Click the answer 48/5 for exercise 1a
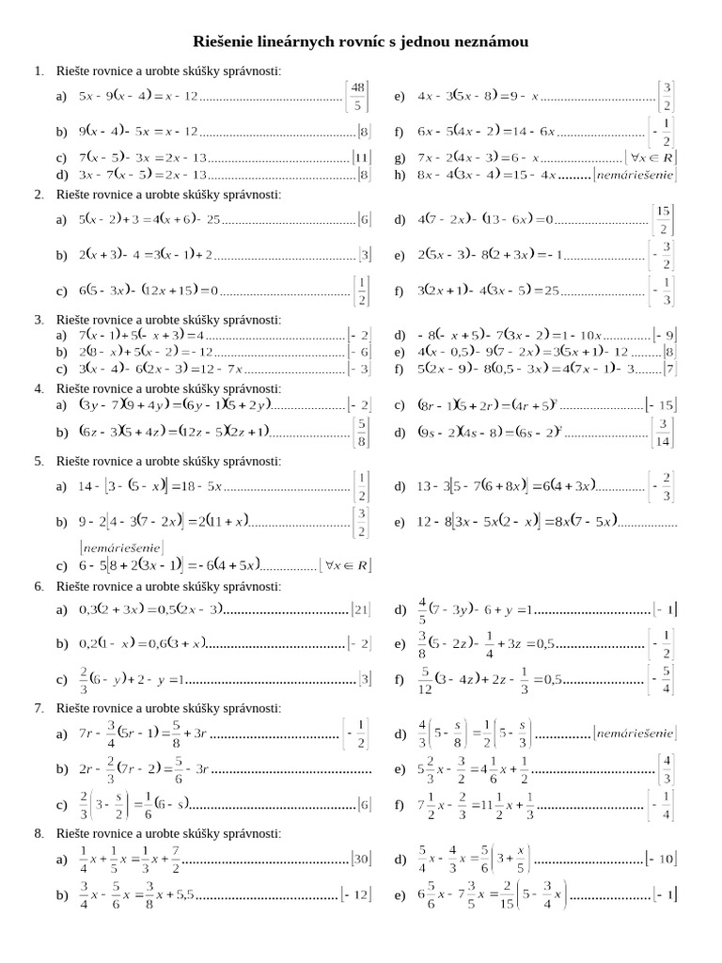coord(357,96)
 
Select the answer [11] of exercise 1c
coord(362,158)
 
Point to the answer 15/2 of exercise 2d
coord(664,219)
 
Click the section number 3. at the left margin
coord(39,320)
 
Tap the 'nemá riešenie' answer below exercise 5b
coord(120,546)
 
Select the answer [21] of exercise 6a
coord(361,609)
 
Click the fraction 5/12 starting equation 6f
coord(425,679)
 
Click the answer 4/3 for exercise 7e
coord(666,768)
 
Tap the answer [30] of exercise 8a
coord(361,858)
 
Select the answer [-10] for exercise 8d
coord(661,858)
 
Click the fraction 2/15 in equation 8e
coord(533,894)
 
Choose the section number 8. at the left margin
coord(39,833)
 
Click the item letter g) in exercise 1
coord(400,158)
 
